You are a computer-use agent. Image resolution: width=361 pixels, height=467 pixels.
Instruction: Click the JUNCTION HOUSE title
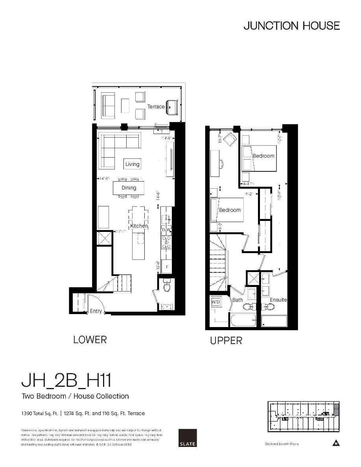(291, 26)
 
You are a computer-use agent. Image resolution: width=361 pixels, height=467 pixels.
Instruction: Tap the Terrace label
(156, 107)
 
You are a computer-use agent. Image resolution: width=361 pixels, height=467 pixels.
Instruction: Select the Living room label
(132, 164)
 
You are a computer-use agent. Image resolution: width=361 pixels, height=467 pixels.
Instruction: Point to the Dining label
(129, 188)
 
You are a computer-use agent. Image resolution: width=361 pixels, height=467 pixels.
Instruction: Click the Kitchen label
(139, 226)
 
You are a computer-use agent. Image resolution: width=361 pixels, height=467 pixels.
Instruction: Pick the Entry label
(96, 311)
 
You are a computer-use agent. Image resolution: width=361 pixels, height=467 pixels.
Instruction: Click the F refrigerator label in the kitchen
(167, 267)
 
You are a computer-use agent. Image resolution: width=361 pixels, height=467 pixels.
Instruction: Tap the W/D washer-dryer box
(216, 302)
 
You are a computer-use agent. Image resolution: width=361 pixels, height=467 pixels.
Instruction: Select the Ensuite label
(278, 300)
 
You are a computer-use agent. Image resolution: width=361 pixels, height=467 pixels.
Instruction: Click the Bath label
(238, 300)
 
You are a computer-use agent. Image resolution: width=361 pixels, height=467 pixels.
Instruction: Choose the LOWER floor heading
(90, 340)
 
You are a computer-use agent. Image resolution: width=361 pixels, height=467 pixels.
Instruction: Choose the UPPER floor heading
(226, 341)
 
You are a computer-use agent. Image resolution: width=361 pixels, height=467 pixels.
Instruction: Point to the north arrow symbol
(335, 443)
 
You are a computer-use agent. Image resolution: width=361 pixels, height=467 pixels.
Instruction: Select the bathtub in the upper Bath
(243, 320)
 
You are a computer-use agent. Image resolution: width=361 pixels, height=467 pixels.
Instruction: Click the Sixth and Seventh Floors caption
(282, 444)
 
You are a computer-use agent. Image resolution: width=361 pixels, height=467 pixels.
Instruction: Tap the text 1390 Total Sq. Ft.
(40, 414)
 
